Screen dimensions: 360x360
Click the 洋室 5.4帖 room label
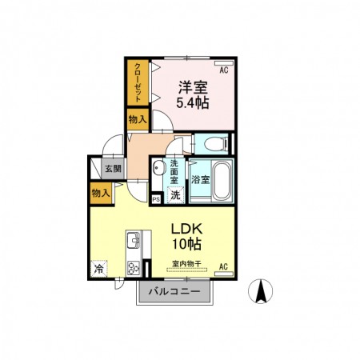pos(193,94)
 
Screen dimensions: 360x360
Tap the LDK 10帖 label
pos(186,236)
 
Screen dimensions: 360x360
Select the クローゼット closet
pos(138,82)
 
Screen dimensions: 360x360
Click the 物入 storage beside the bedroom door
pos(138,119)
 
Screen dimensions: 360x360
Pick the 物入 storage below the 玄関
pos(101,193)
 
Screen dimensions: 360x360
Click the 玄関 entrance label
pos(113,169)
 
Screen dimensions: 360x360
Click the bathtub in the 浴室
pos(222,181)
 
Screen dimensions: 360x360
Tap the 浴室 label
pos(200,179)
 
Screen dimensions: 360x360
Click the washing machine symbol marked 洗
pos(175,195)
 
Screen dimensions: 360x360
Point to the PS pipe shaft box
pos(157,199)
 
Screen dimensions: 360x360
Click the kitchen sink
pos(134,240)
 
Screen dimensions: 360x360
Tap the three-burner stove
pos(134,268)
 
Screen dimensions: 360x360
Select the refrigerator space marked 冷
pos(98,269)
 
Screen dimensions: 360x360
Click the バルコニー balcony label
pos(174,291)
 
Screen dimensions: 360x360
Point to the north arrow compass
pos(261,291)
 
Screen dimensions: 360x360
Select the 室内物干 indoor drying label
pos(186,264)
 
